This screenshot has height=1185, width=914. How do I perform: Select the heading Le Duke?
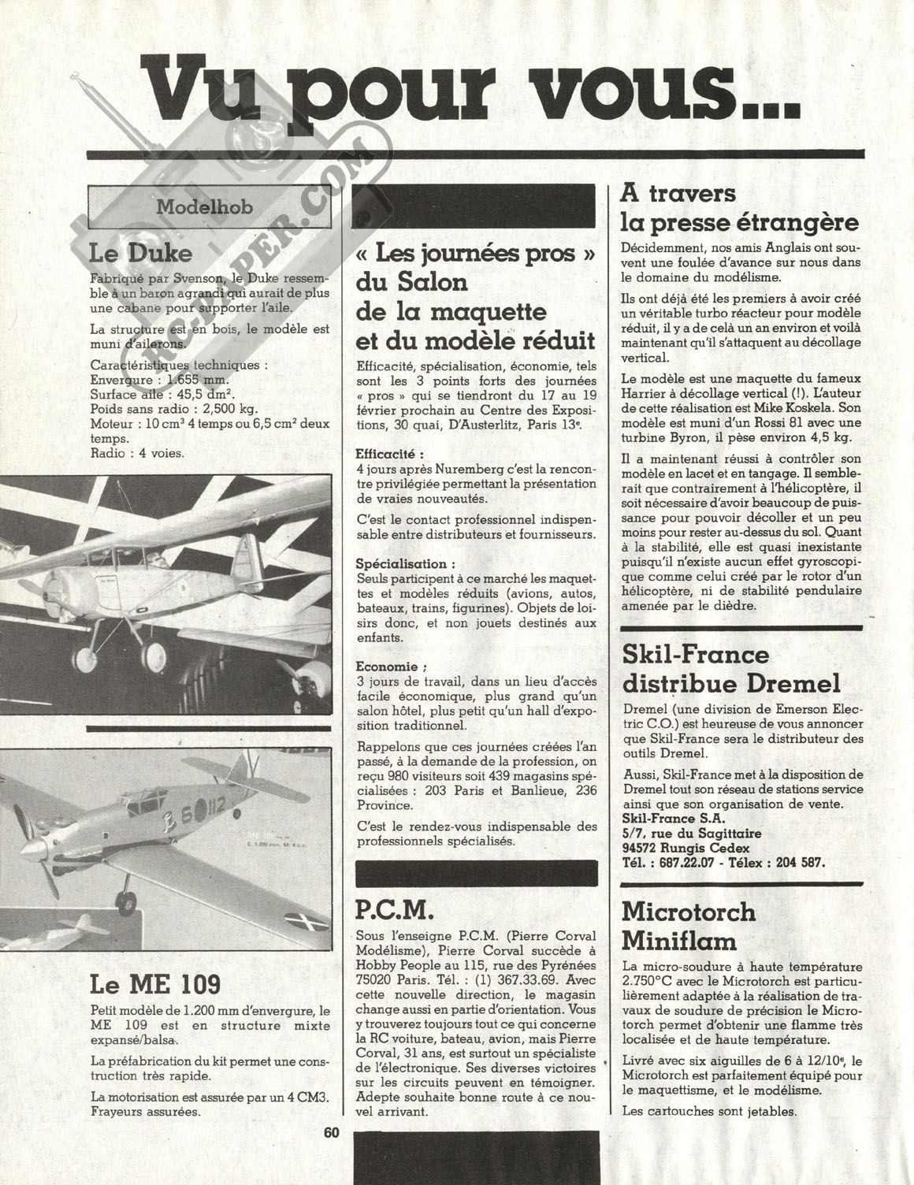(141, 254)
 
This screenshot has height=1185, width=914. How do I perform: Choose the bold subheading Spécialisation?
(406, 564)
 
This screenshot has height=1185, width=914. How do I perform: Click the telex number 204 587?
(799, 862)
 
